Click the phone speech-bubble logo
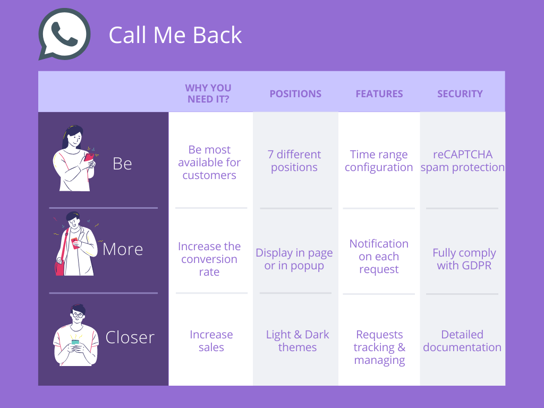coord(64,34)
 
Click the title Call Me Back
coord(175,35)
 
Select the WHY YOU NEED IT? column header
coord(208,93)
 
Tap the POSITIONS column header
coord(295,93)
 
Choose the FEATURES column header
coord(379,93)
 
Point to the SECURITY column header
coord(460,93)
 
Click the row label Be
coord(122,164)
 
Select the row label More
coord(123,249)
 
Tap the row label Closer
coord(130,337)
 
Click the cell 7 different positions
coord(294,160)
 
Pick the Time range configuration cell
coord(379,160)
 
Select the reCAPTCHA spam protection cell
coord(463,160)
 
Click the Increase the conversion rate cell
coord(209,259)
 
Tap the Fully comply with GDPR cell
coord(464,259)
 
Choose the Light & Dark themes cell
coord(297,341)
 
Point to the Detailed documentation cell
coord(462,341)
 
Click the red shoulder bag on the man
coord(59,268)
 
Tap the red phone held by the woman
coord(89,157)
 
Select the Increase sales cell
coord(211,341)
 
